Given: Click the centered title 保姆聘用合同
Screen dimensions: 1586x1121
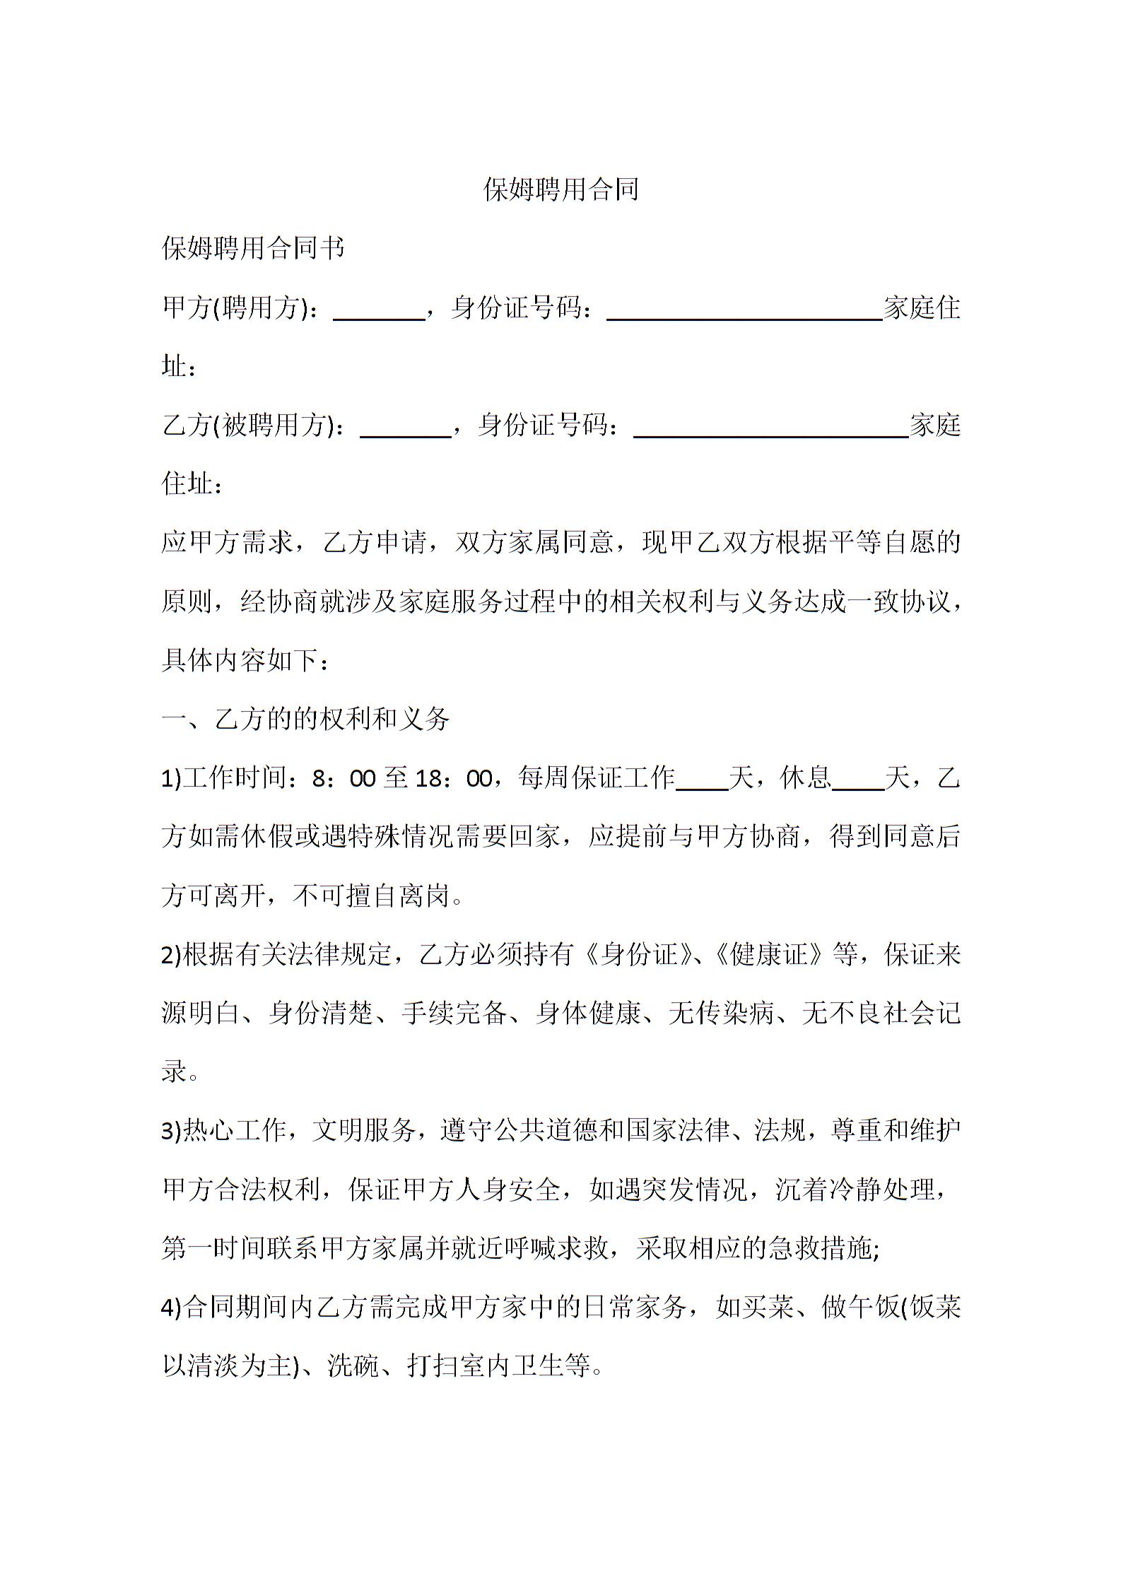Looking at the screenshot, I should pos(560,189).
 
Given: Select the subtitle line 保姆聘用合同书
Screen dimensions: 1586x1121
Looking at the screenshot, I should pos(253,248).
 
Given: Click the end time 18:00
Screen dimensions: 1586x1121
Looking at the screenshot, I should pos(453,779).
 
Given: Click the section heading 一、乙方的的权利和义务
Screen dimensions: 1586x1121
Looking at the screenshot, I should pos(305,719).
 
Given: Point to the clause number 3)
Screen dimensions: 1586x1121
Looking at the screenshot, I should pos(172,1132).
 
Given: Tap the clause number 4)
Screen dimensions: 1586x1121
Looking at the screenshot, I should pos(172,1308).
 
